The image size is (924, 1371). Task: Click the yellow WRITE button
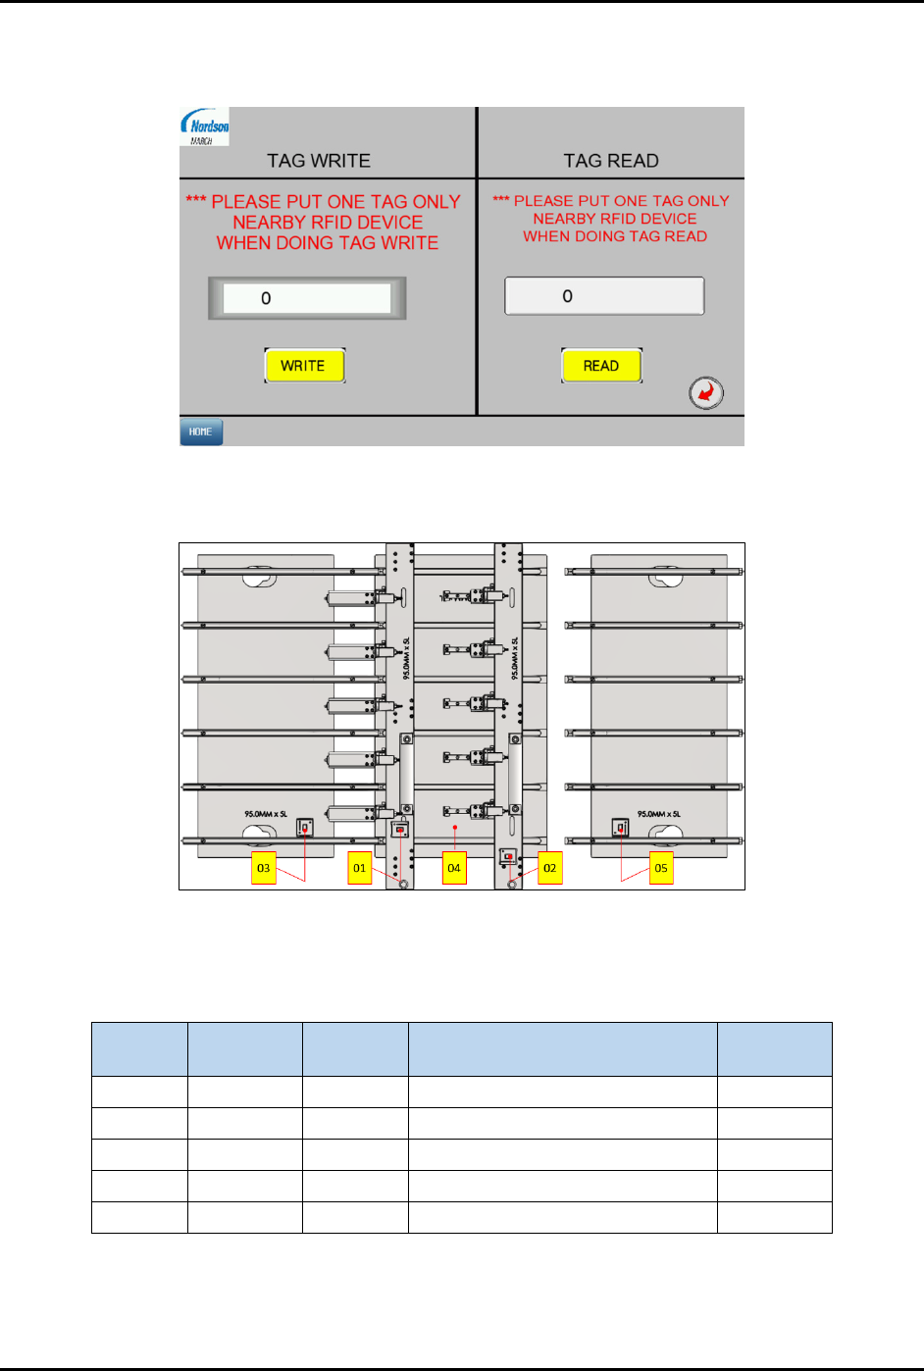304,366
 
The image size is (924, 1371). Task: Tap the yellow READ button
601,366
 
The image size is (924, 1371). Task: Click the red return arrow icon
706,393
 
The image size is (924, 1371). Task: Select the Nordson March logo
205,127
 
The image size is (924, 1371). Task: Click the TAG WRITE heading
319,161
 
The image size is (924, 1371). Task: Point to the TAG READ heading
610,161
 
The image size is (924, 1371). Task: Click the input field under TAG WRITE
307,298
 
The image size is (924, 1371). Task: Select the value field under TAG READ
604,296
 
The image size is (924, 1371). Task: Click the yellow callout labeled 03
263,868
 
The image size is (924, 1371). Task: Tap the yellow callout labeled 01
360,868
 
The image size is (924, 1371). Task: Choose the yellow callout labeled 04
454,868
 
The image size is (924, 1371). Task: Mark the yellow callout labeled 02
550,868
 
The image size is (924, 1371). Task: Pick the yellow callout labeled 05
661,868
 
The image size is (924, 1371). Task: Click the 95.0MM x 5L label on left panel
266,814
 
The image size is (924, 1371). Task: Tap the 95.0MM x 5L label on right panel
658,814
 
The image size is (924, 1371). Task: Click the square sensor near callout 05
620,829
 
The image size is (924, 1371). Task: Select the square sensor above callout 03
305,829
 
